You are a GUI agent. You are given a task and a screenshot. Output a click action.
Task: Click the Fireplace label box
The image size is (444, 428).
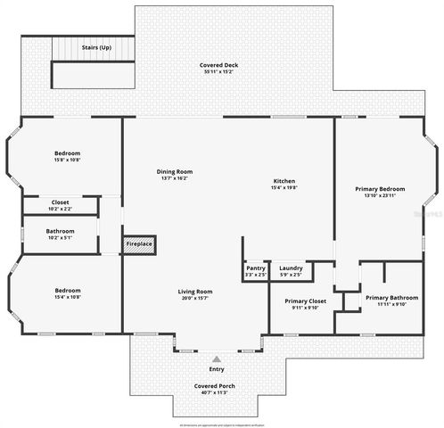138,243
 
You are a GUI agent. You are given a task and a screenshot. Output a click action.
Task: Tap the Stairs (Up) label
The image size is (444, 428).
96,47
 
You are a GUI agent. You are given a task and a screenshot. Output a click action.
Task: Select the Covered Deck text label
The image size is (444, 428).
218,65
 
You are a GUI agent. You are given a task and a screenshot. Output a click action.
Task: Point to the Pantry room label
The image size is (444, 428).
256,268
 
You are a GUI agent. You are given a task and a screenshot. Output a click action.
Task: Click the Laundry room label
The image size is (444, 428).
291,268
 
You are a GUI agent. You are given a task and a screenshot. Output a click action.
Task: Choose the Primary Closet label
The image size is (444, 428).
306,301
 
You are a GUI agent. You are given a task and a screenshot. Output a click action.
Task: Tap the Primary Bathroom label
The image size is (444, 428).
391,297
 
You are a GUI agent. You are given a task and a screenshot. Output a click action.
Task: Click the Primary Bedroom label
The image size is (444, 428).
380,188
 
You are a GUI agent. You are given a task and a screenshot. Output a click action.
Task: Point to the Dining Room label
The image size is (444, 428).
175,171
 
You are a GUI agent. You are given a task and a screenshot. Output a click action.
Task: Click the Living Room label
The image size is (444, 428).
195,292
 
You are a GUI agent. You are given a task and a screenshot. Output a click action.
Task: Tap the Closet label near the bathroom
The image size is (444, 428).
60,202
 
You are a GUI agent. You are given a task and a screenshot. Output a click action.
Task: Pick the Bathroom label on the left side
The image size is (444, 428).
60,231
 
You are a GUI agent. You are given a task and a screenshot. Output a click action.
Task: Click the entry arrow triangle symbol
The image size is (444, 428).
216,358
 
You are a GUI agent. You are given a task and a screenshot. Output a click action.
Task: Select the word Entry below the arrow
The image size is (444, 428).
216,368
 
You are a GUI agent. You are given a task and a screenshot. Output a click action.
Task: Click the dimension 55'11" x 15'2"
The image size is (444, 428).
218,71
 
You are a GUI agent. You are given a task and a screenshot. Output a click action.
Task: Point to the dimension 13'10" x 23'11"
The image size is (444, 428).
380,195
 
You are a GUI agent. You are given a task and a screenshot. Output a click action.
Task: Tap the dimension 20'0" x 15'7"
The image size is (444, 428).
195,298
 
